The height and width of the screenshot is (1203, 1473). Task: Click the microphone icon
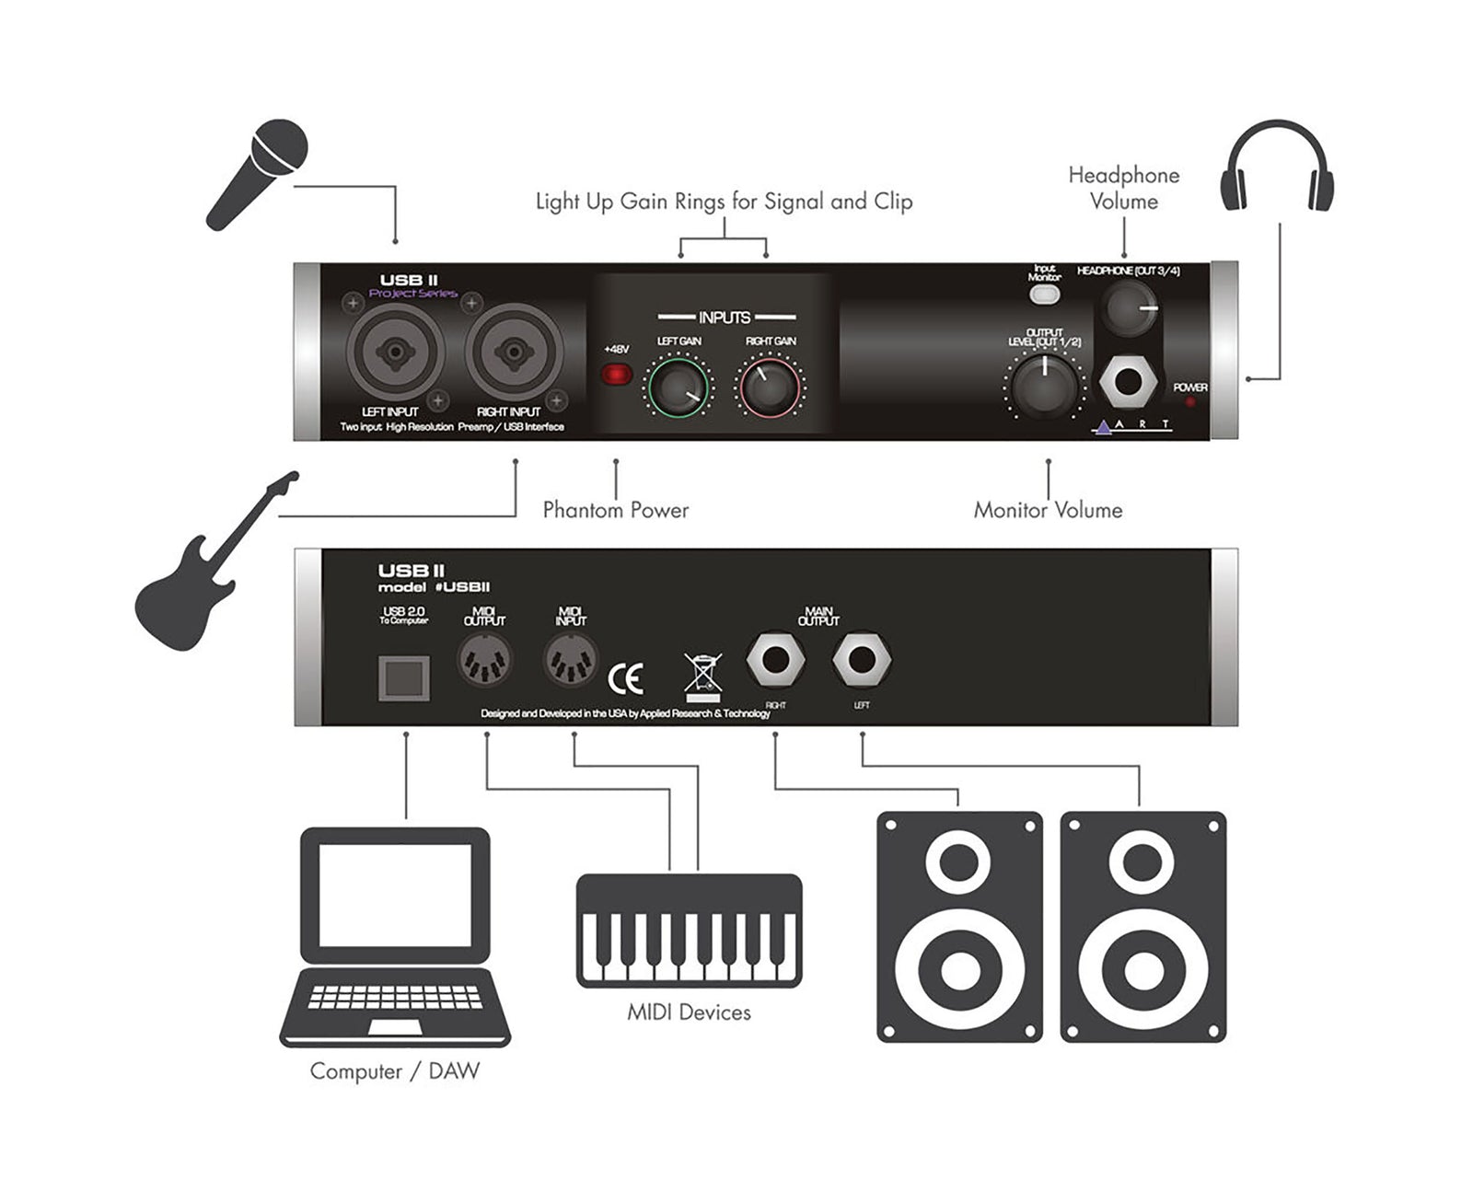point(257,174)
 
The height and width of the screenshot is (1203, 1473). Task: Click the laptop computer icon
point(395,936)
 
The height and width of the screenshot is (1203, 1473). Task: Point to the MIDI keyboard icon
point(689,930)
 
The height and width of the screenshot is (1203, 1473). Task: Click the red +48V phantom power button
point(616,374)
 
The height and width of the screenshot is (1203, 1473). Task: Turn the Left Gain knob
point(679,388)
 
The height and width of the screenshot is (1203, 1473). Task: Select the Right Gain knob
point(771,388)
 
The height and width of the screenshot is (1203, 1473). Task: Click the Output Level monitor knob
point(1044,386)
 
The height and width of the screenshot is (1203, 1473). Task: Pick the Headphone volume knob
point(1131,308)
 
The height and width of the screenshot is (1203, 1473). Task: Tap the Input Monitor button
point(1044,295)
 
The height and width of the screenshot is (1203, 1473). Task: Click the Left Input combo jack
point(395,352)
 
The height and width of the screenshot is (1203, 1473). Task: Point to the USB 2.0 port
point(404,679)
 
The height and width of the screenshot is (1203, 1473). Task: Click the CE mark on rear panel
point(626,679)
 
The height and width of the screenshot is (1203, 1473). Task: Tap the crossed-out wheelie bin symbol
point(703,677)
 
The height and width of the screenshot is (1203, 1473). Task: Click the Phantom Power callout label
point(615,510)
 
